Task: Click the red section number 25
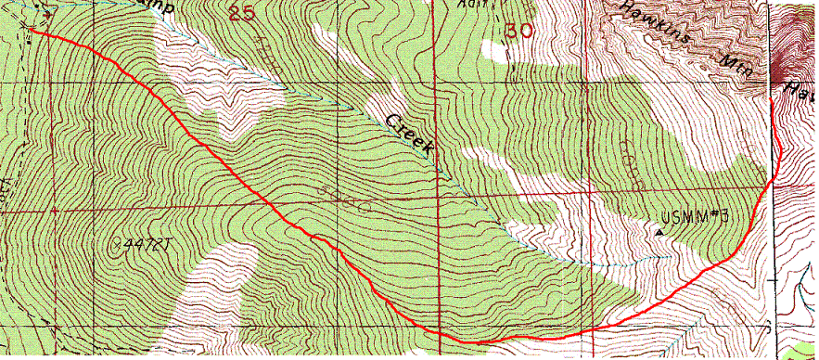click(x=242, y=13)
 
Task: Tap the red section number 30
click(x=519, y=31)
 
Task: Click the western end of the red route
click(x=32, y=31)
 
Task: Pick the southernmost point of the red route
click(x=464, y=341)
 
